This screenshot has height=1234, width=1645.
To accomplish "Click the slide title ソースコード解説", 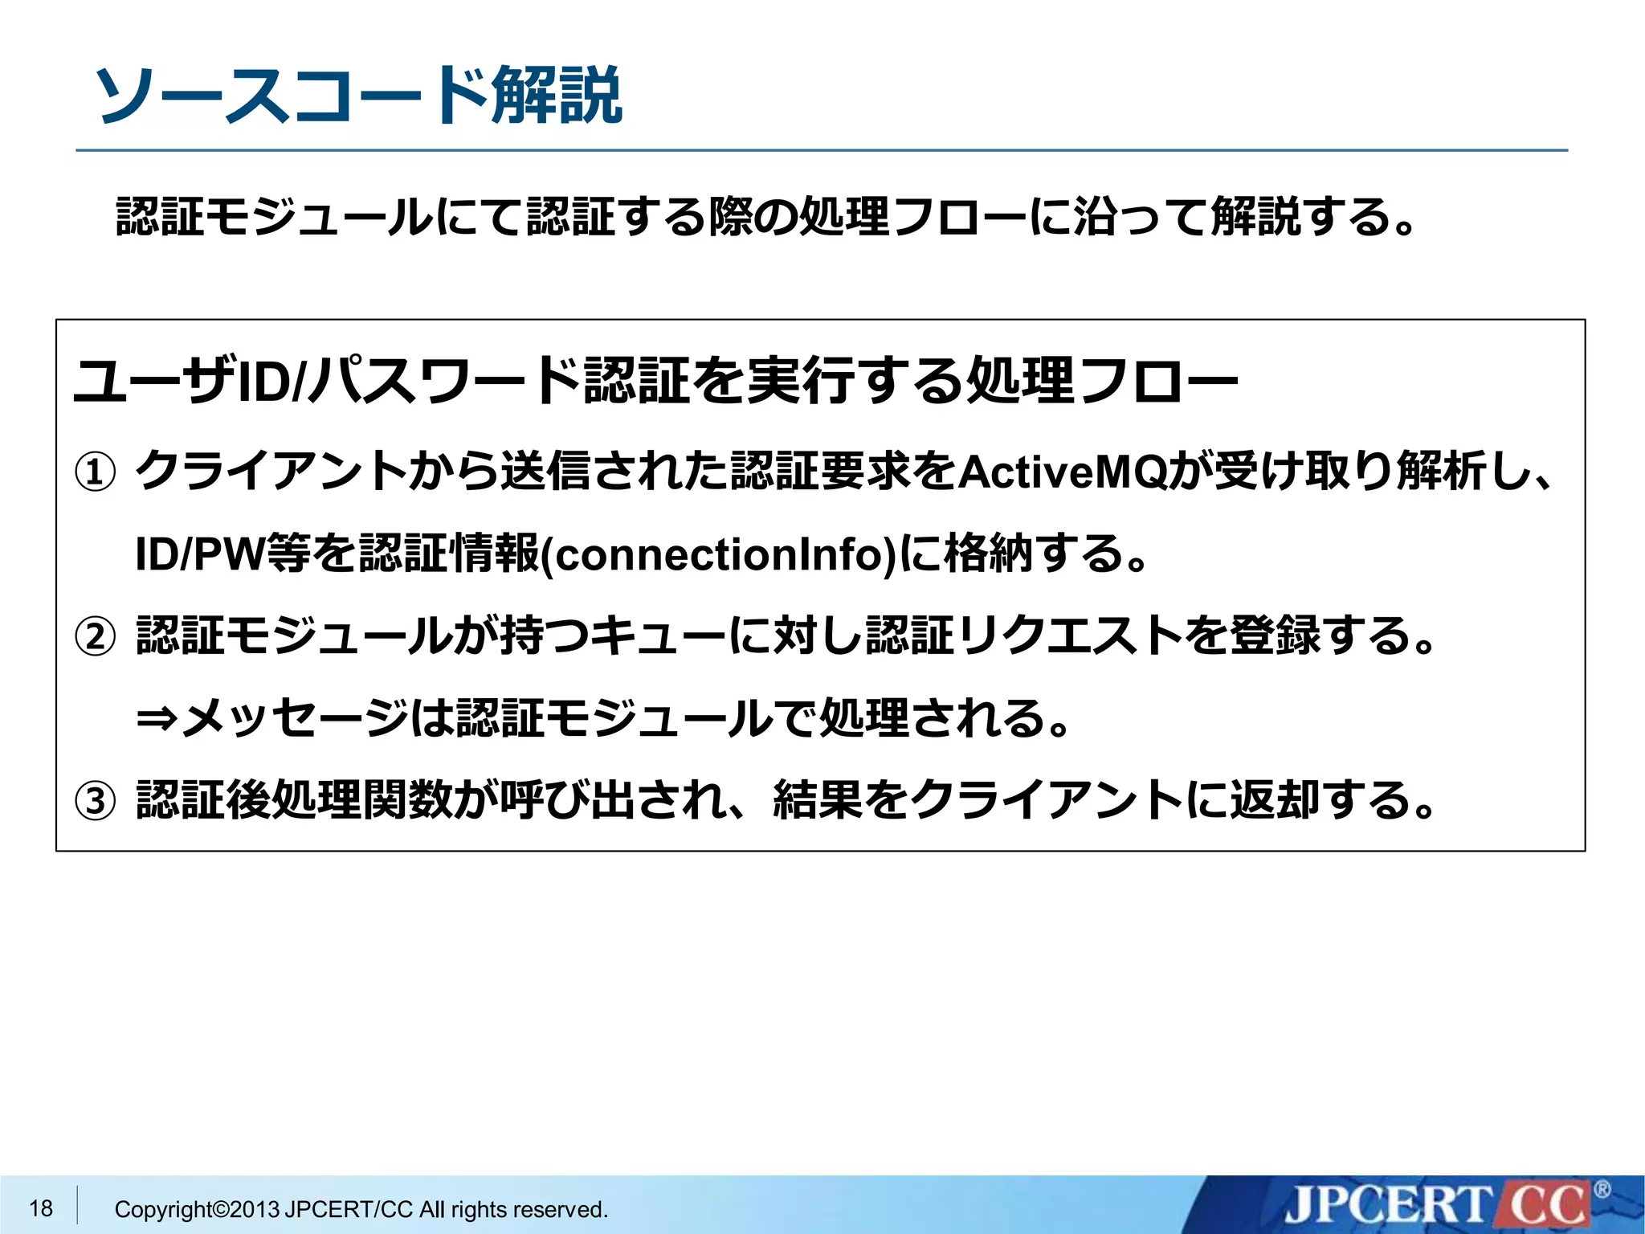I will [x=358, y=96].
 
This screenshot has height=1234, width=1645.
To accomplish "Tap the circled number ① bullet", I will [x=95, y=472].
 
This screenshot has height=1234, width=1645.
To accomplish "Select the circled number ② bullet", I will [x=95, y=637].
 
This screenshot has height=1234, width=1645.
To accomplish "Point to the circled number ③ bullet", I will [x=95, y=801].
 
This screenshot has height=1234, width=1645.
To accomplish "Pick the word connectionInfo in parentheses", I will [x=720, y=555].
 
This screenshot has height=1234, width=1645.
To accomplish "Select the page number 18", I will [x=41, y=1207].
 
